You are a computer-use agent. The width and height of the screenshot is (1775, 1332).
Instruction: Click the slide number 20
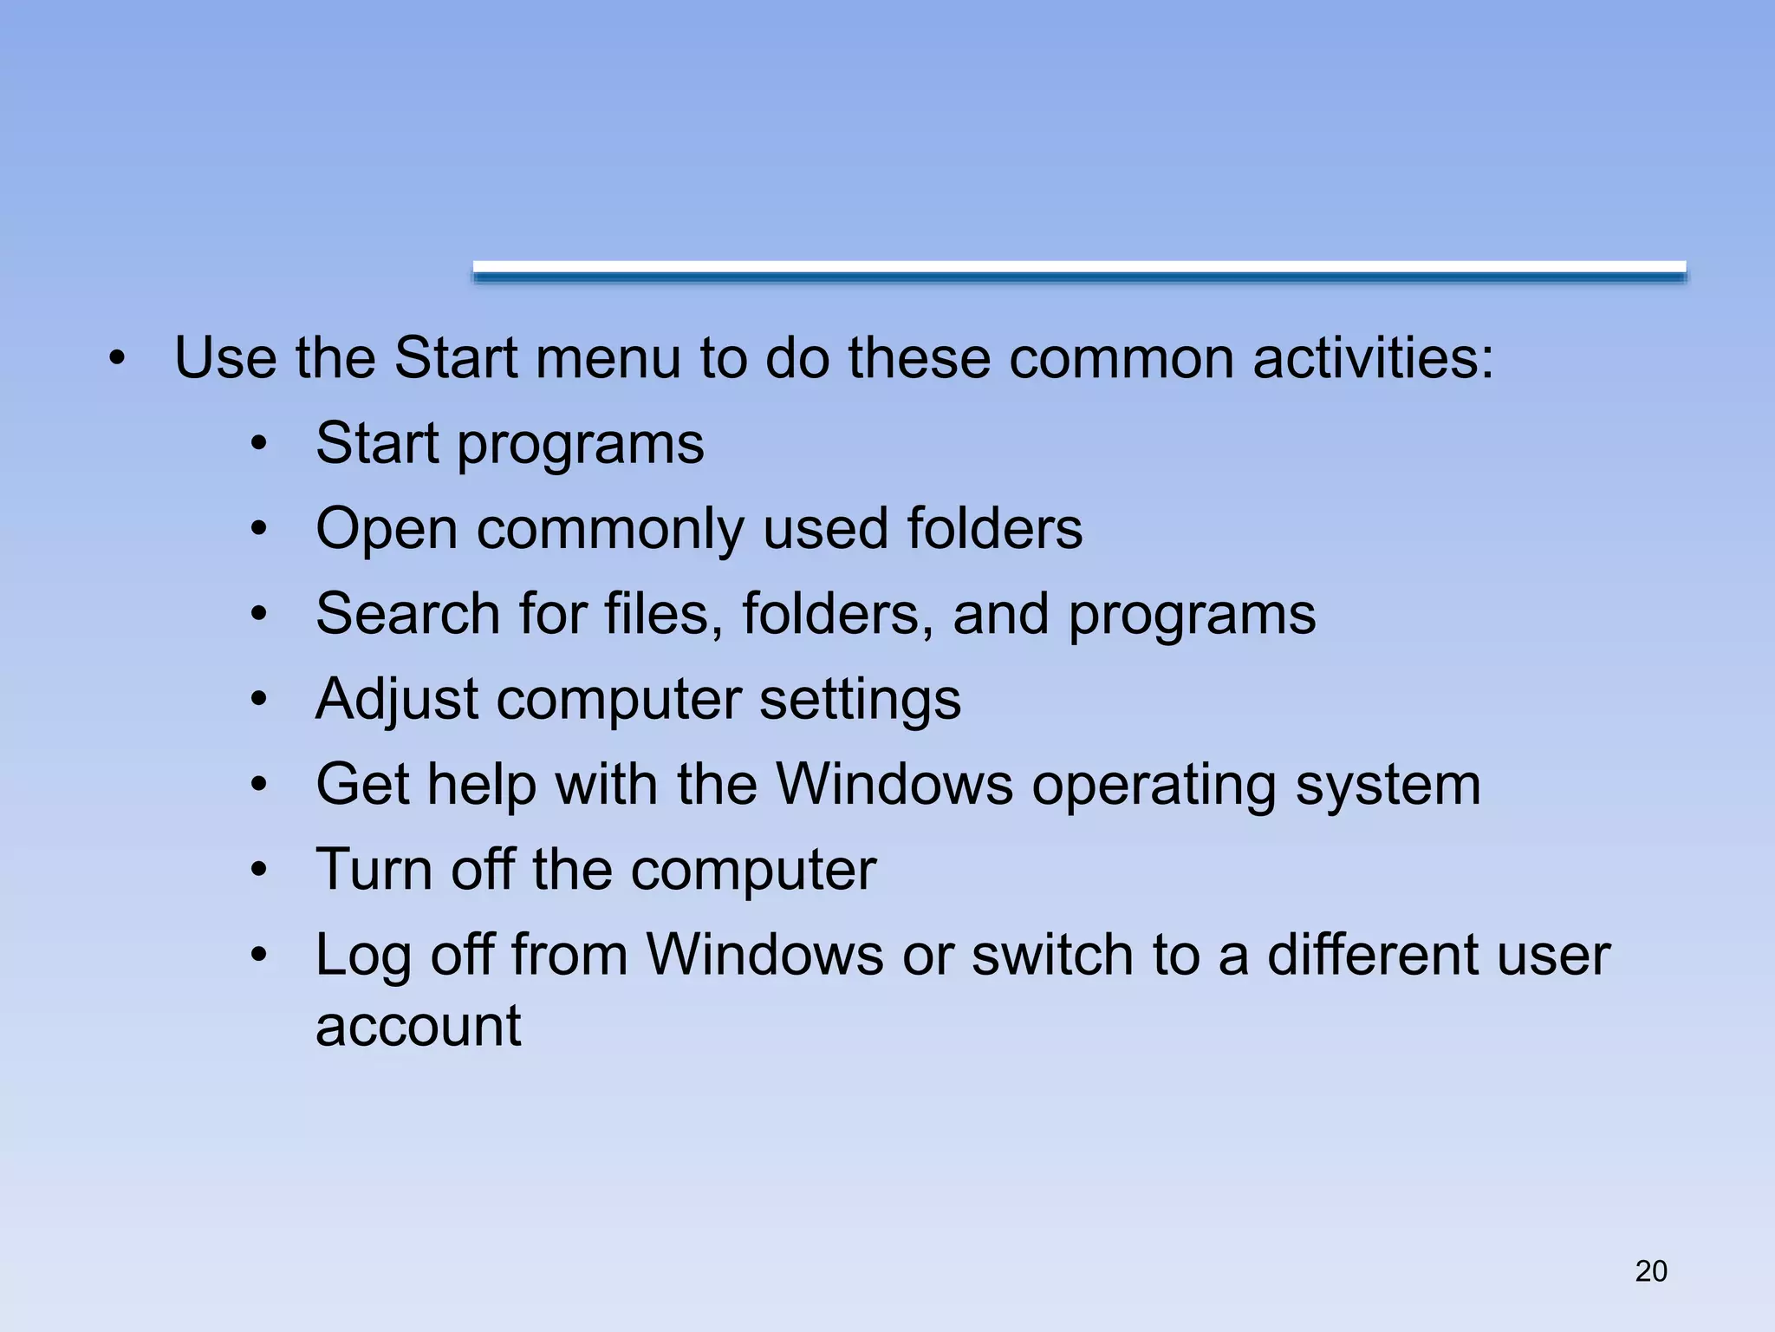1650,1270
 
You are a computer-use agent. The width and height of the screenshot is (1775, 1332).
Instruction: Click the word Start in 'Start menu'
456,357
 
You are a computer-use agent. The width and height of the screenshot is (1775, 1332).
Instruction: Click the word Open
387,529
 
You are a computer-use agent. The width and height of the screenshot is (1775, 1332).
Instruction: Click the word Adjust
397,699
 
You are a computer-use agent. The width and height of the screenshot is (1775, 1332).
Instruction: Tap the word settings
860,699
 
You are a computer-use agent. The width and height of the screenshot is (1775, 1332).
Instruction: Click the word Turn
374,869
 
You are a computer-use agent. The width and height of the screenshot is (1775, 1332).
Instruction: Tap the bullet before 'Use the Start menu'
118,358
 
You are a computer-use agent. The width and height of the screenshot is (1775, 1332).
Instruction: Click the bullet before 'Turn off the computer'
258,870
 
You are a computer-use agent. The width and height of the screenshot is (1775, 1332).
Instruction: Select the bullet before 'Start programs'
258,444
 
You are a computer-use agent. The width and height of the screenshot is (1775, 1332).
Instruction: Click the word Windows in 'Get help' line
894,785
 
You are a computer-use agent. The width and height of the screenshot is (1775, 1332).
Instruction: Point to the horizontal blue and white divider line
1079,271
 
